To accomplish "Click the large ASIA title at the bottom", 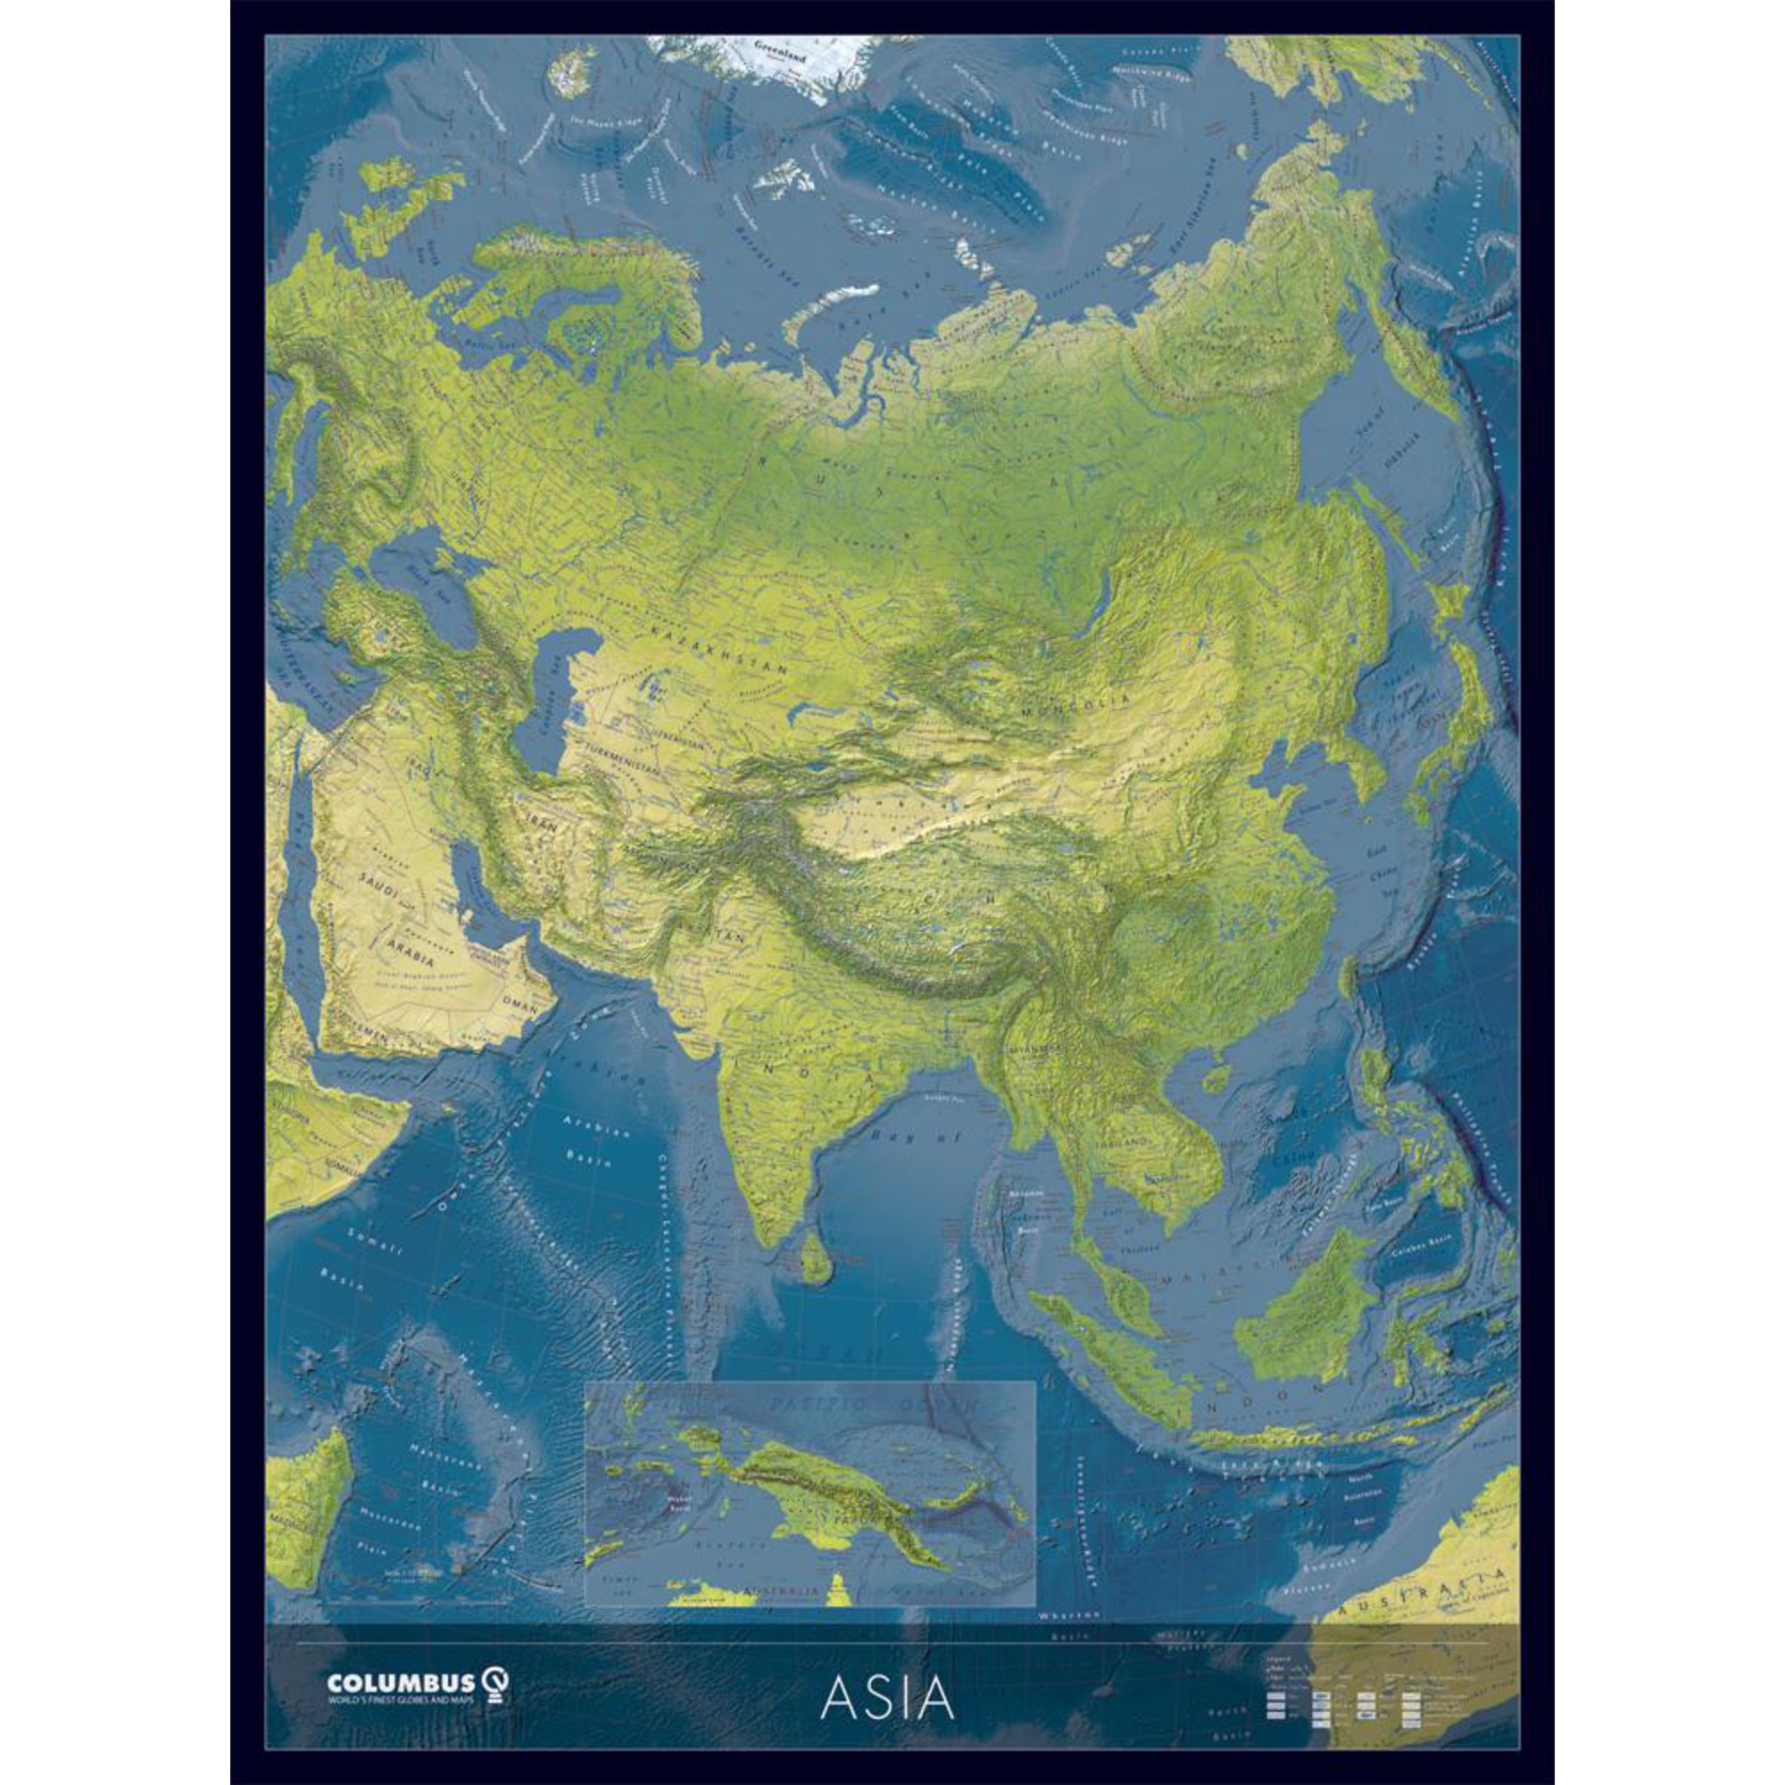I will click(x=886, y=1696).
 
